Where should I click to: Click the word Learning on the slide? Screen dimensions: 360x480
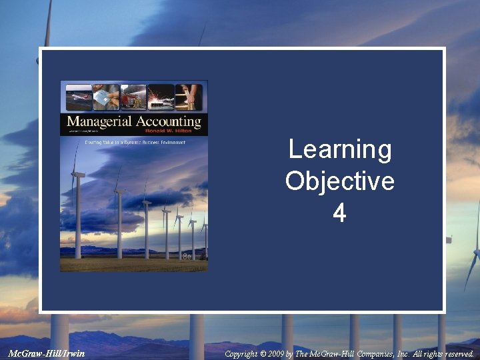pos(339,150)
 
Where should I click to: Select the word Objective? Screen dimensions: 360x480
pos(339,181)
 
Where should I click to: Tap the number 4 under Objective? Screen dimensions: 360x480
pos(339,213)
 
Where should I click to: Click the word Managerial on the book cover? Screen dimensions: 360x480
pos(99,121)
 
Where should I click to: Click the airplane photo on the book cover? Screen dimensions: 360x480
pos(79,97)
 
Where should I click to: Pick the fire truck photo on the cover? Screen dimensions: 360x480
pos(133,97)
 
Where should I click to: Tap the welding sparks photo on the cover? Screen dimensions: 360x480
pos(161,97)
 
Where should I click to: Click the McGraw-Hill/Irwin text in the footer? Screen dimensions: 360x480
pos(47,353)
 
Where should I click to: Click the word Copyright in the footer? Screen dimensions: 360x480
pos(241,354)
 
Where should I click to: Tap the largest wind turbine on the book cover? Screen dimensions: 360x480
pos(78,200)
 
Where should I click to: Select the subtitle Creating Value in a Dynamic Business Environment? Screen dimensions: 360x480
pos(133,142)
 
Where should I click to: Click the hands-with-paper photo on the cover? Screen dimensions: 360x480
pos(106,97)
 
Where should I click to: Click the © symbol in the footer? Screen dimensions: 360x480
pos(262,354)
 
